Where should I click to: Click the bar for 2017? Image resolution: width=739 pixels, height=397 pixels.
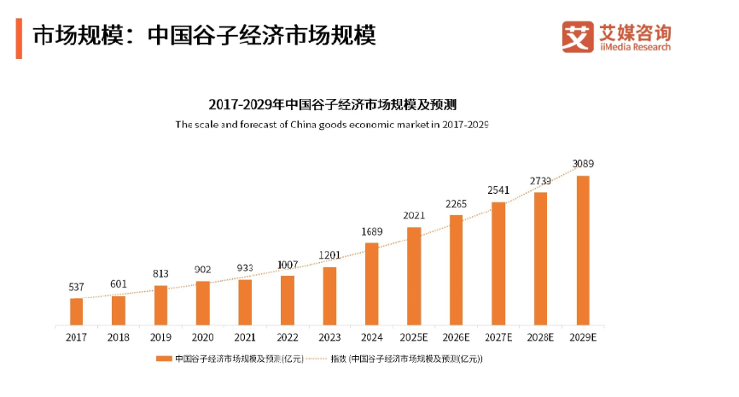[77, 311]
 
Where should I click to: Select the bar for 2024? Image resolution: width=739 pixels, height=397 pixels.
[371, 283]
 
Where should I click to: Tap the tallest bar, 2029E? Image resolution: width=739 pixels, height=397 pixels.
[583, 250]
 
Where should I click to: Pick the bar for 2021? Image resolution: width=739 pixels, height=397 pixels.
[245, 301]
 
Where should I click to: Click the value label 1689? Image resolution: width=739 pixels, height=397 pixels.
[371, 231]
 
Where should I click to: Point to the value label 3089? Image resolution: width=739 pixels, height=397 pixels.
[584, 164]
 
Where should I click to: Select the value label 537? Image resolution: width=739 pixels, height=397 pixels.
[77, 287]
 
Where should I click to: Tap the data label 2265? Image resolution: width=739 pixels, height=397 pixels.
[456, 203]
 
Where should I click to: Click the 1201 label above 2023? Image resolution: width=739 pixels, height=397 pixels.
[329, 255]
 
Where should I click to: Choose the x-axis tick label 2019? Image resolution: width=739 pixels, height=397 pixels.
[160, 337]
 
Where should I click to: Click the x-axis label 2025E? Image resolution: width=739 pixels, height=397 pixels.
[413, 337]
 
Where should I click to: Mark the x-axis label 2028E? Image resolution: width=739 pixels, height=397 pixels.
[540, 337]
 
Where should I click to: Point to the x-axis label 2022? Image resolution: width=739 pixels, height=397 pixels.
[287, 337]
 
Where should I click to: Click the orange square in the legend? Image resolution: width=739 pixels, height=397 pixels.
[159, 359]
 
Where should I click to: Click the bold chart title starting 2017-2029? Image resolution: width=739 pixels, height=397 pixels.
[333, 105]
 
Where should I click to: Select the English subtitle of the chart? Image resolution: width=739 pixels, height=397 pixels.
[332, 125]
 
